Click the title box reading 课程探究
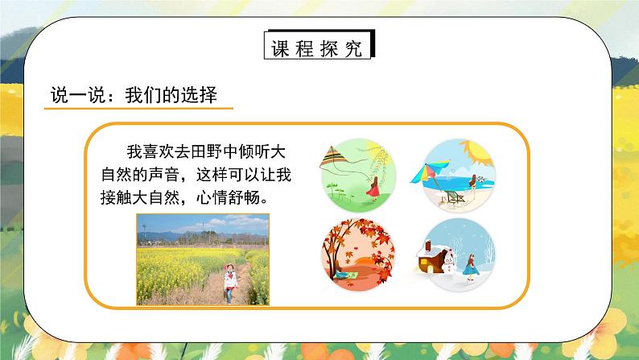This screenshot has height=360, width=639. tap(319, 46)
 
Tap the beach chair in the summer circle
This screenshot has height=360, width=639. tap(456, 196)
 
